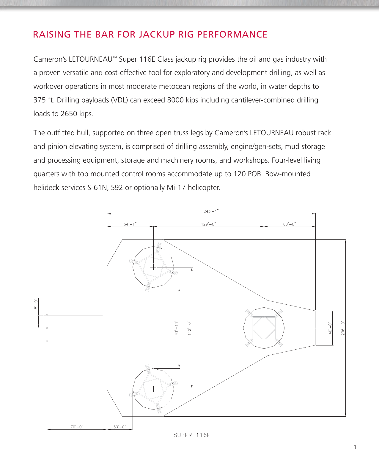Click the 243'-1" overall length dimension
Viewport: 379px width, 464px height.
[211, 211]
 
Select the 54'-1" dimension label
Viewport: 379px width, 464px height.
[130, 224]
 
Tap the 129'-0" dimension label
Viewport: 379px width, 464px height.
[208, 224]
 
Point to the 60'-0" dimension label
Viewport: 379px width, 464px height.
[290, 224]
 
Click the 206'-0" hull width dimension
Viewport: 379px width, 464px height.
[343, 328]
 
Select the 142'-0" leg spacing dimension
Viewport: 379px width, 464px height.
[189, 328]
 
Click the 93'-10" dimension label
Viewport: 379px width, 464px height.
[177, 328]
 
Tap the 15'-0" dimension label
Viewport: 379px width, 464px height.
[36, 305]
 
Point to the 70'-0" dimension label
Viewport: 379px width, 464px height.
[77, 427]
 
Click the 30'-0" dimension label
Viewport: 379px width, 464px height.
[120, 427]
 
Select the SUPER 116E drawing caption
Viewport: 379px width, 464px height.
[192, 435]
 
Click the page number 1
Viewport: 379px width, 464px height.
[355, 447]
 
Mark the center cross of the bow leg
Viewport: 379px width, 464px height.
[264, 328]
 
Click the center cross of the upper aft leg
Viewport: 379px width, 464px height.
[153, 267]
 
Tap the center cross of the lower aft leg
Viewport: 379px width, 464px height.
[153, 389]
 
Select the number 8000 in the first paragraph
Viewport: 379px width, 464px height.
[175, 100]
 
